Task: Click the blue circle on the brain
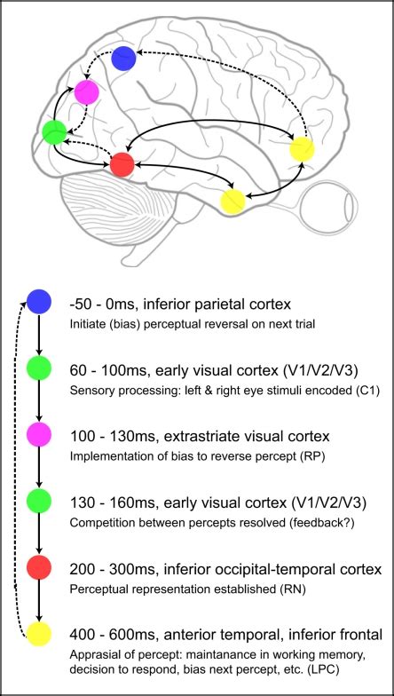[x=123, y=59]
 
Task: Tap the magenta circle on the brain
[x=86, y=91]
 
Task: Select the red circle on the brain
[x=122, y=164]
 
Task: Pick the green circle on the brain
[x=54, y=133]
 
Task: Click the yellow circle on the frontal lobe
[x=303, y=149]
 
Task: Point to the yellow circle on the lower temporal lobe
[x=232, y=201]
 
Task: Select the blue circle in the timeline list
[x=39, y=302]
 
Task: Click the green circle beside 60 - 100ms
[x=39, y=368]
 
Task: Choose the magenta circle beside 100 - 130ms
[x=39, y=434]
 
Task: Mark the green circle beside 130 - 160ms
[x=39, y=500]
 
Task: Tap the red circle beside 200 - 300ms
[x=39, y=566]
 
